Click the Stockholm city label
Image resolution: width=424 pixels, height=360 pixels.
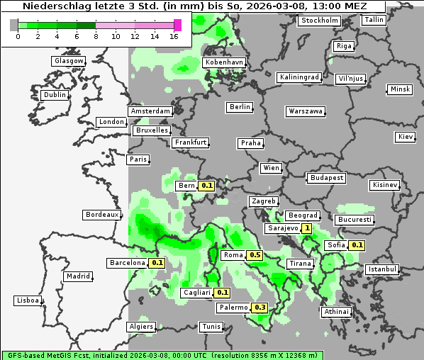tap(318, 21)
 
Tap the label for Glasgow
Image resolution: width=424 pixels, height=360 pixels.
tap(69, 61)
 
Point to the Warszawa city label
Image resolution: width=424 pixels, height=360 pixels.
tap(306, 111)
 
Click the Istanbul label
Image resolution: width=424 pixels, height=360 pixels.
tap(382, 270)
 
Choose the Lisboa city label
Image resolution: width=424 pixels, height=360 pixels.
tap(28, 300)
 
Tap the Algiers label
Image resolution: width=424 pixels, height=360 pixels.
tap(140, 327)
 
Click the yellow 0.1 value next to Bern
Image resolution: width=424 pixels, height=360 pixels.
tap(207, 186)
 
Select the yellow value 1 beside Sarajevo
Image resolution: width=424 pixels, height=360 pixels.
tap(306, 229)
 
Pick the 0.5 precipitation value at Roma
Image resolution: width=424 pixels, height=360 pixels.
tap(255, 255)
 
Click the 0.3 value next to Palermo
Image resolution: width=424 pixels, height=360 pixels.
tap(260, 308)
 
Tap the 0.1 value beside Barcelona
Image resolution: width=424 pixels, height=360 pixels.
tap(157, 263)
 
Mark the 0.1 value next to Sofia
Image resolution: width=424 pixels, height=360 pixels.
tap(357, 245)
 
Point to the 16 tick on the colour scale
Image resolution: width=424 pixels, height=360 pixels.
tap(174, 35)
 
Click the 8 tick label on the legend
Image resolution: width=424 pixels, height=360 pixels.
tap(96, 35)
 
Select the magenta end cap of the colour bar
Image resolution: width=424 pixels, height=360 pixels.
tap(178, 25)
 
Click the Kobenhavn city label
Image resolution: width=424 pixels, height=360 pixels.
tap(224, 62)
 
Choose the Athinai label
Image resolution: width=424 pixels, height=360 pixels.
tap(336, 312)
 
